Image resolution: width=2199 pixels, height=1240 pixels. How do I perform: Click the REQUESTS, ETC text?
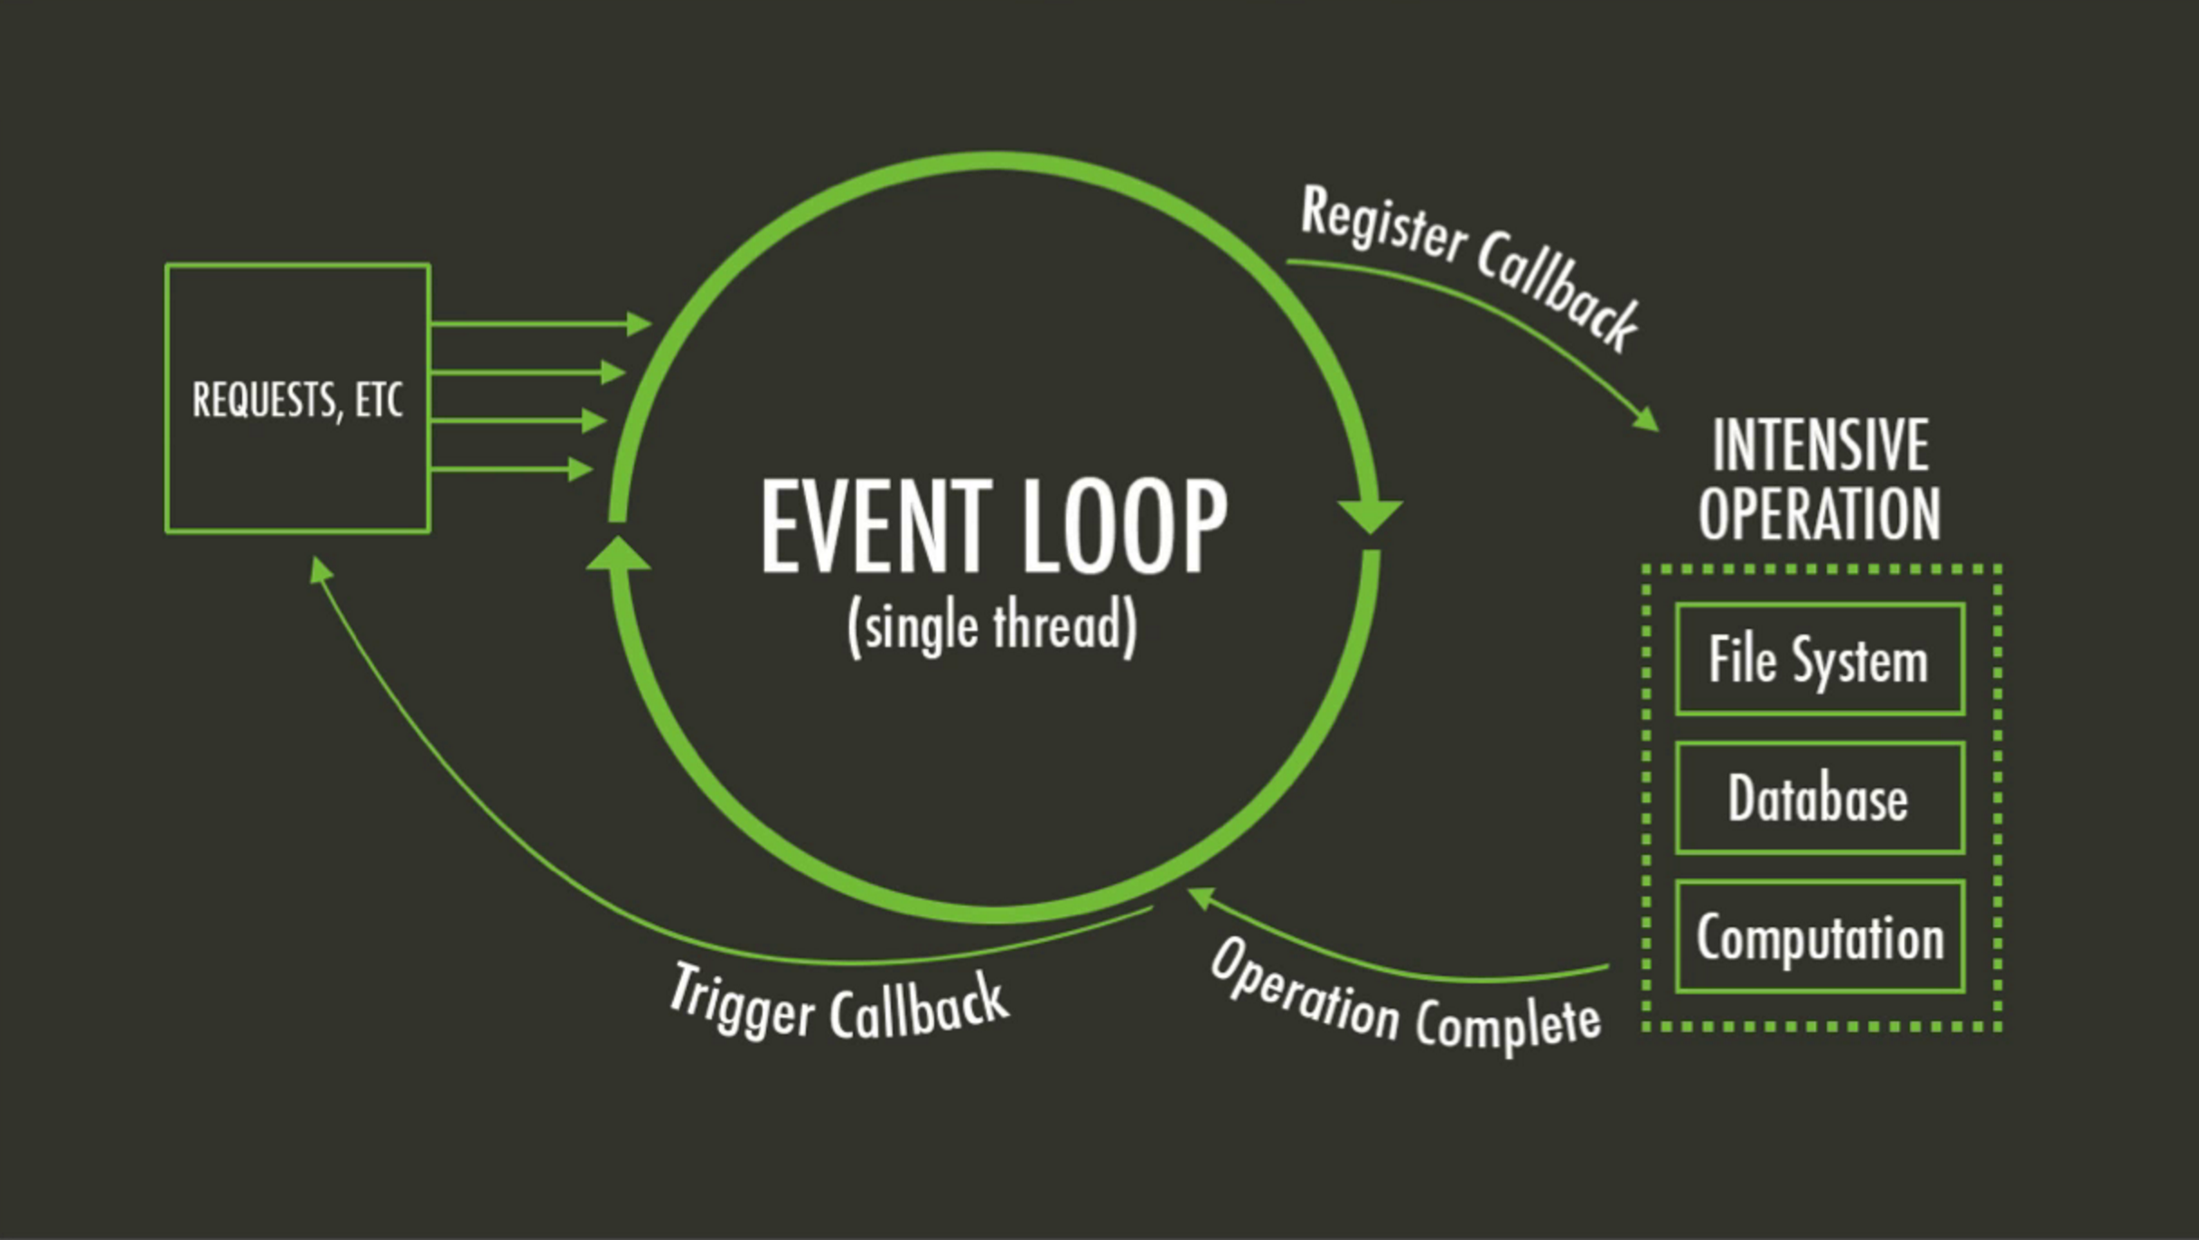tap(297, 399)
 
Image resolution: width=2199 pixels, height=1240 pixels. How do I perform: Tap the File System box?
tap(1819, 660)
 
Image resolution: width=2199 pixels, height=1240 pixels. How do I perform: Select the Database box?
tap(1819, 798)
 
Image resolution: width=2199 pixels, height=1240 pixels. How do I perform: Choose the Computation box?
tap(1819, 937)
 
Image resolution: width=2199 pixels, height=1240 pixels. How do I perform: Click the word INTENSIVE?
tap(1820, 445)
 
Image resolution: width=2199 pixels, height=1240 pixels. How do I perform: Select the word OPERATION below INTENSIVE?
tap(1819, 513)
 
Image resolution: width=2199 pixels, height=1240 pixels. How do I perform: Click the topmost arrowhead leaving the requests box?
tap(640, 324)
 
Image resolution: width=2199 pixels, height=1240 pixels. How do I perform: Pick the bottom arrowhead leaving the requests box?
tap(581, 469)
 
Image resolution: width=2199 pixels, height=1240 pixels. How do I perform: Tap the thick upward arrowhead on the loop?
tap(619, 553)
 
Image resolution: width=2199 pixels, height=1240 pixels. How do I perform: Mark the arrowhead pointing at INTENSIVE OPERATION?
tap(1647, 419)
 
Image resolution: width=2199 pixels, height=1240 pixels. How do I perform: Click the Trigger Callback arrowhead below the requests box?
tap(319, 568)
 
